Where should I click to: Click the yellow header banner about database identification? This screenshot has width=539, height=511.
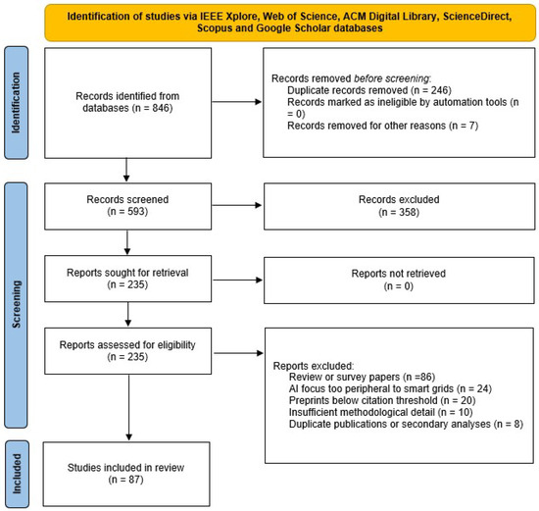[290, 23]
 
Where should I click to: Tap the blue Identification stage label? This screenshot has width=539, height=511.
[16, 103]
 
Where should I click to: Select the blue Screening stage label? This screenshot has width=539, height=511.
[16, 305]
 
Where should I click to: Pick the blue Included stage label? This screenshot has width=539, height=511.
[17, 474]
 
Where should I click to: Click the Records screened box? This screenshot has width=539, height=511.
[127, 207]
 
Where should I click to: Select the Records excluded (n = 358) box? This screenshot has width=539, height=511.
[399, 207]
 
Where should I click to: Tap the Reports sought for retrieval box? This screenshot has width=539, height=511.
[127, 279]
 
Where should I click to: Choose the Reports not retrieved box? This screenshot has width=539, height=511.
[399, 281]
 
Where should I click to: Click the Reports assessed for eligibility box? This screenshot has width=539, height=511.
[127, 351]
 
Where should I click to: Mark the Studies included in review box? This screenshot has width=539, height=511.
[126, 474]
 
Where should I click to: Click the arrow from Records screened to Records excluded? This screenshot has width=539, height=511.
[237, 205]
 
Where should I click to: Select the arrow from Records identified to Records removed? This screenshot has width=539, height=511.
[237, 102]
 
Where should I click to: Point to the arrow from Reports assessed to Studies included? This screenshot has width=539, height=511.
[129, 407]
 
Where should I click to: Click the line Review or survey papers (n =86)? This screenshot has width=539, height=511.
[362, 378]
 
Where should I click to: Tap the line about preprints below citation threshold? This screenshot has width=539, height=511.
[382, 400]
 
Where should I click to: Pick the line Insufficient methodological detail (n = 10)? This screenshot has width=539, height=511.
[381, 412]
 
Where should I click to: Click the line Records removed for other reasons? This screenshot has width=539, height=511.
[382, 126]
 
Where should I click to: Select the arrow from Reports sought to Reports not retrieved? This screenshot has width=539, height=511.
[238, 281]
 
